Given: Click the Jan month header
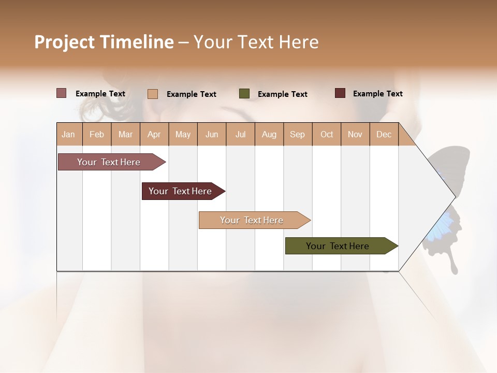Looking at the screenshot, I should coord(69,134).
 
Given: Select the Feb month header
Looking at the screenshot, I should coord(97,134).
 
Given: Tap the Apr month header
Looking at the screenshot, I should coord(154,134).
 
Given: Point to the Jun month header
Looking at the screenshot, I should coord(212,134).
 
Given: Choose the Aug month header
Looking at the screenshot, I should coord(269,134).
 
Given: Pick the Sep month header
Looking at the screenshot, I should coord(298,134).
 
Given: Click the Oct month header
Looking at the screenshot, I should coord(327,134).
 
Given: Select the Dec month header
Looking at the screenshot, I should coord(384,134).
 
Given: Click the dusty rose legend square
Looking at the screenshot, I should coord(61,93).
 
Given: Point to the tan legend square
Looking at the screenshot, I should coord(153,94).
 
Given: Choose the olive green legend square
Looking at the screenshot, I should coord(244,94).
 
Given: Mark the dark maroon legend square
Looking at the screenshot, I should coord(340,93).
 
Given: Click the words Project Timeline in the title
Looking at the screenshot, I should coord(104,42).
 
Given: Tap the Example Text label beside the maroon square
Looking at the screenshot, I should coord(377,94).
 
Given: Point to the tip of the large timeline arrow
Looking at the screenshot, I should coord(454,197).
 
